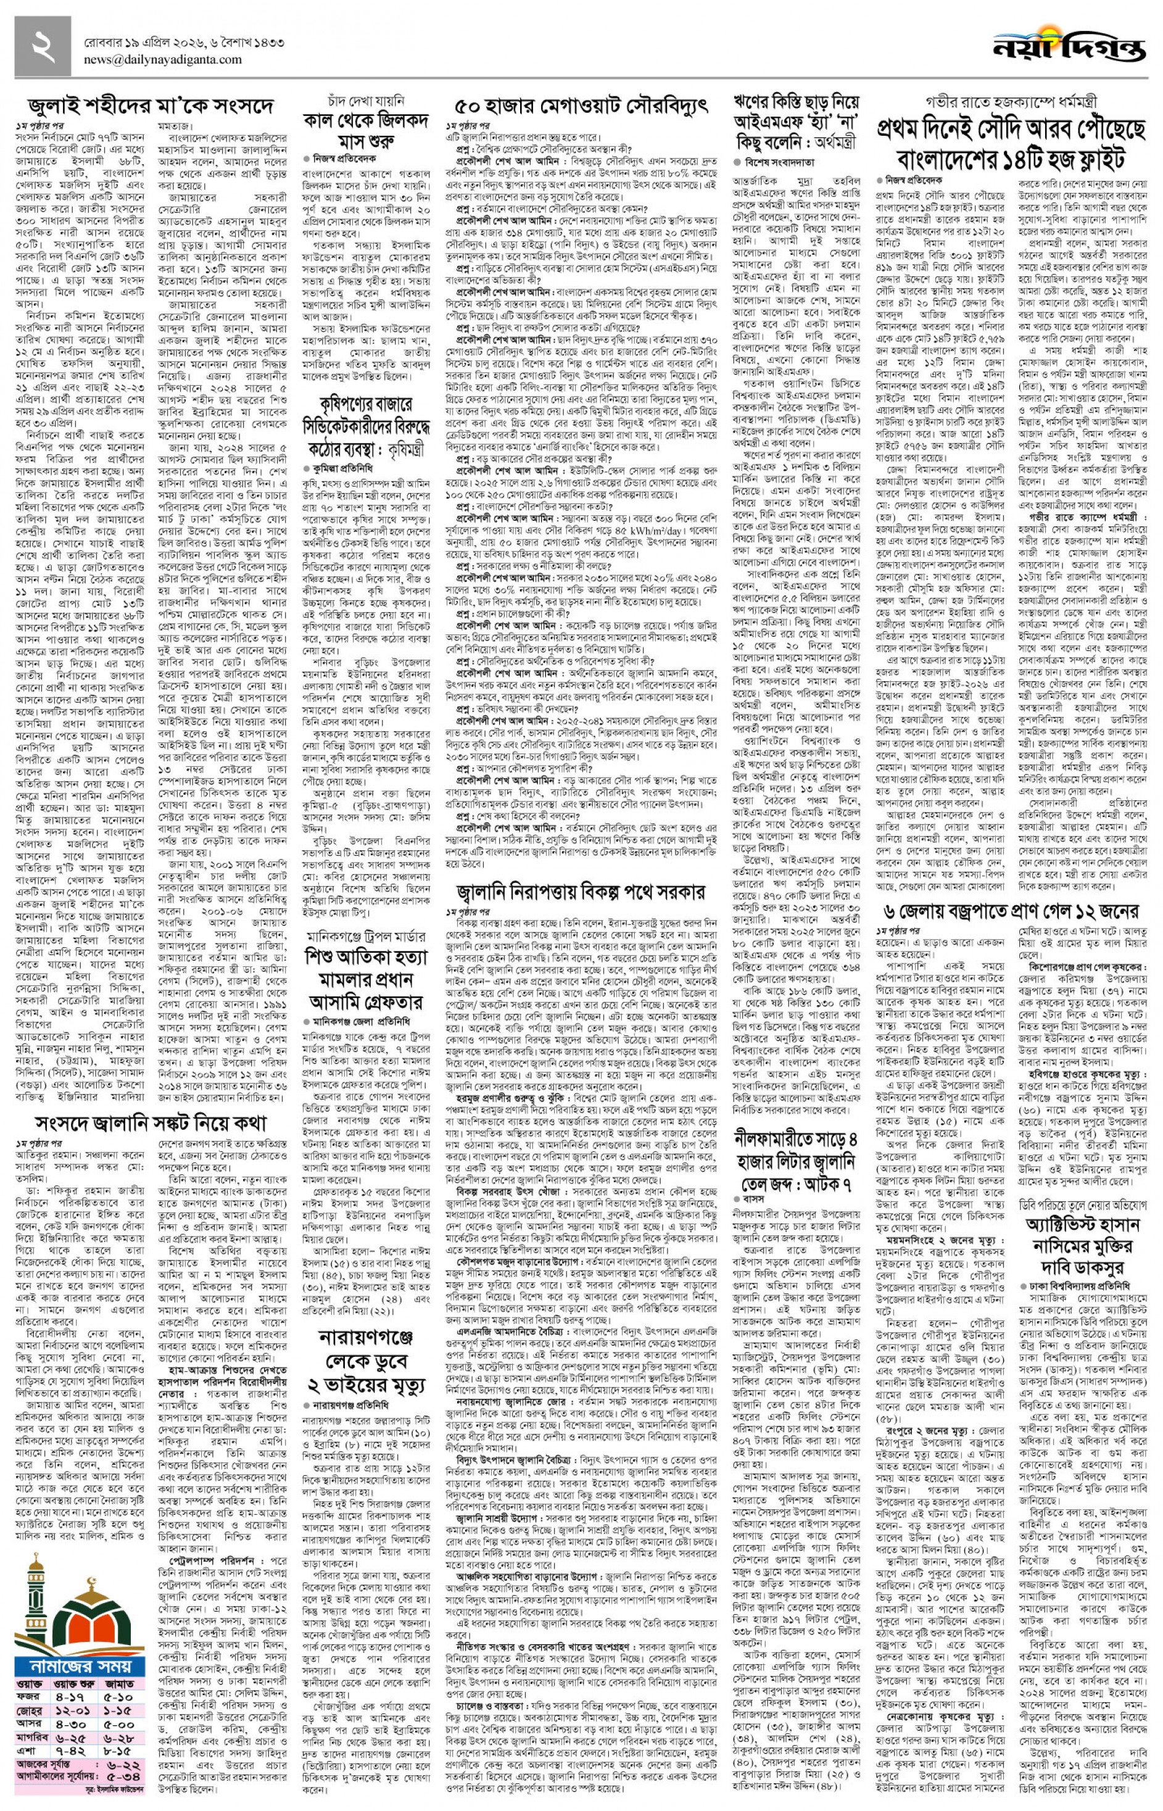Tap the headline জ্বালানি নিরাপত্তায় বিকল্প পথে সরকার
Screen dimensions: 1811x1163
tap(580, 891)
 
